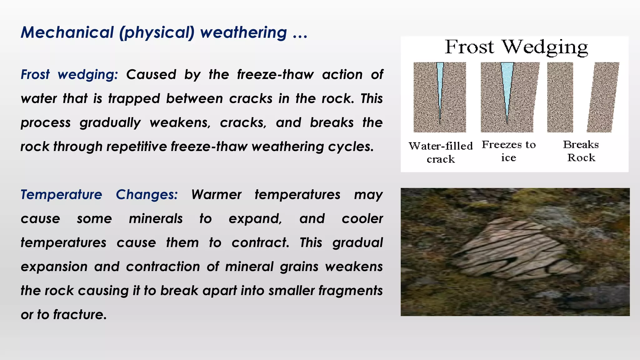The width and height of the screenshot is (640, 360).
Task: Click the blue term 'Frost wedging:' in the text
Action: [x=69, y=75]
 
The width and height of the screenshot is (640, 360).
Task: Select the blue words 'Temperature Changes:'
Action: [x=99, y=195]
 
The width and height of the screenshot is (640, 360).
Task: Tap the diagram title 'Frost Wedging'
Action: [x=516, y=47]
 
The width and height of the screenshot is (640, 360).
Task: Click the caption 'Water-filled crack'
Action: [x=441, y=152]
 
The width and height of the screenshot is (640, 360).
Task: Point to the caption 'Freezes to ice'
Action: [x=509, y=151]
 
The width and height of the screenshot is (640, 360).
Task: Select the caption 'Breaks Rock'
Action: [x=581, y=151]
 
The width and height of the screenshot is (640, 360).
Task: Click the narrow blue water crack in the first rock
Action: [x=440, y=87]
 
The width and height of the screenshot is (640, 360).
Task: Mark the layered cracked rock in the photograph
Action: [x=516, y=250]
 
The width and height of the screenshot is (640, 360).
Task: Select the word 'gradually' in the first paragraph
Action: [x=110, y=123]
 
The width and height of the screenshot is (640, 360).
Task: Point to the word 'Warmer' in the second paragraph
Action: [x=216, y=195]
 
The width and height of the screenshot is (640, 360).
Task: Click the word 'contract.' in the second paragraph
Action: [x=261, y=243]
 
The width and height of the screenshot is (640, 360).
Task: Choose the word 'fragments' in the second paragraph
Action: [x=350, y=291]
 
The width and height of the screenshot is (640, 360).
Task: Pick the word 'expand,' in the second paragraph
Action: [x=255, y=219]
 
